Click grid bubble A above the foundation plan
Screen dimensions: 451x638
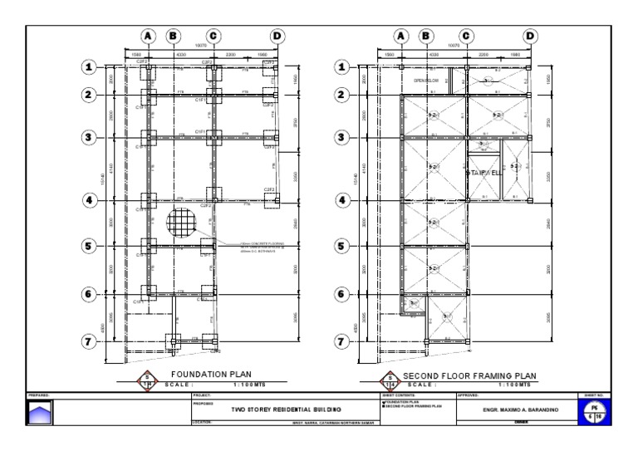pyautogui.click(x=148, y=36)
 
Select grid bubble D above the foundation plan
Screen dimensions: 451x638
pyautogui.click(x=277, y=36)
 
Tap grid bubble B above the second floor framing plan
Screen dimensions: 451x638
pyautogui.click(x=426, y=36)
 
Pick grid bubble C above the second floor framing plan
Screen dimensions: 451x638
pyautogui.click(x=467, y=36)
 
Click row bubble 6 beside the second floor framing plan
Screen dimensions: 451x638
pyautogui.click(x=341, y=294)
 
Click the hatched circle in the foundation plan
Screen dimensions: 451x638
pyautogui.click(x=182, y=223)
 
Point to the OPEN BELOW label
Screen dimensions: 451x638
pyautogui.click(x=425, y=81)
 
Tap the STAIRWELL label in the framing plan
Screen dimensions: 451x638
pyautogui.click(x=483, y=173)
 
